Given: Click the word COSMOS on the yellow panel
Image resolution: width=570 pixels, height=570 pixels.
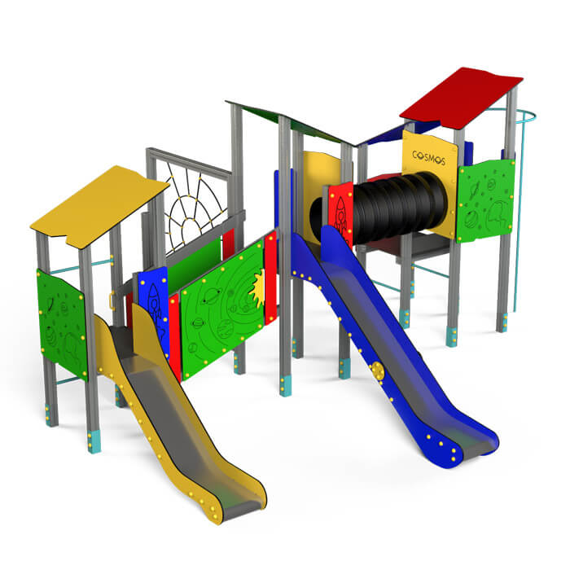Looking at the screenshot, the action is [429, 158].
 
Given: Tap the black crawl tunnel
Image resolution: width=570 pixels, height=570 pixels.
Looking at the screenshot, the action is [385, 208].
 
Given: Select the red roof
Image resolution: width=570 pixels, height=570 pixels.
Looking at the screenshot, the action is [461, 98].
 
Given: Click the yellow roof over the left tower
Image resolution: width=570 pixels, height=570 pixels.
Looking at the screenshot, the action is [99, 205].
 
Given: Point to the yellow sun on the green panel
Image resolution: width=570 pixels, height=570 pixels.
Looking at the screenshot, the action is [258, 287].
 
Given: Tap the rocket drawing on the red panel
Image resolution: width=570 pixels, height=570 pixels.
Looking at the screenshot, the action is [340, 216].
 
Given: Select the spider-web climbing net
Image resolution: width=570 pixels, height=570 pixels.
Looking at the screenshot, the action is [195, 207].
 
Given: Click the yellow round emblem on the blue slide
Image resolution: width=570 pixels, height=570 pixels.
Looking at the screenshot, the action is [378, 370].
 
